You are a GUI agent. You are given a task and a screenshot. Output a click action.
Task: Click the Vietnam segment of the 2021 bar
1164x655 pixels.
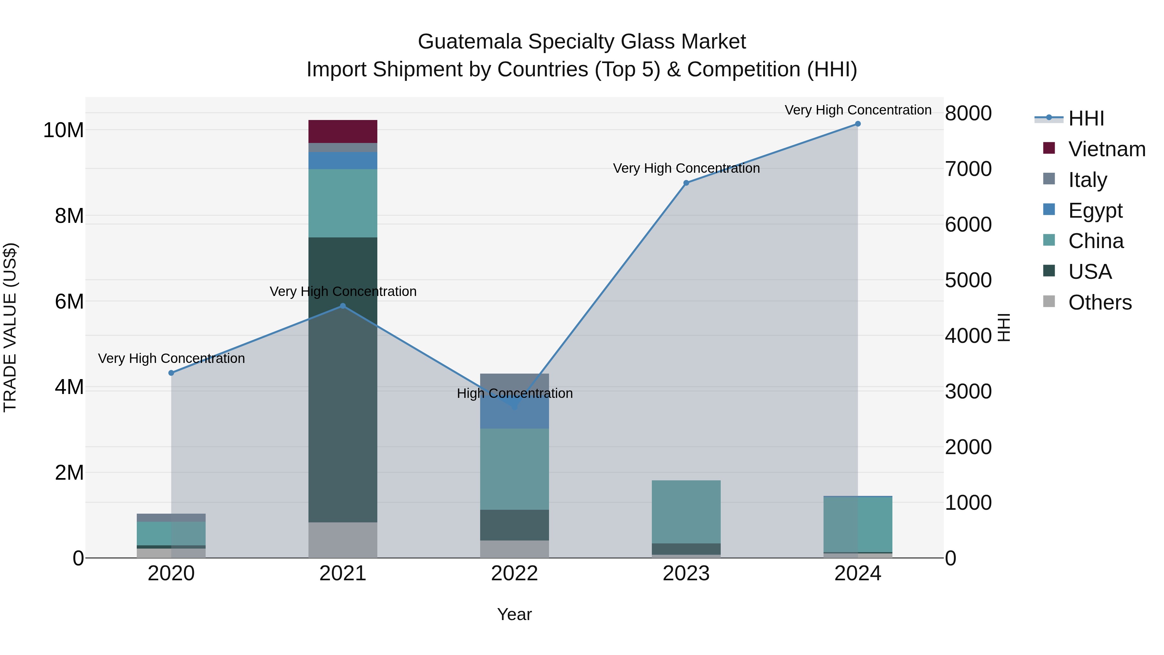click(342, 132)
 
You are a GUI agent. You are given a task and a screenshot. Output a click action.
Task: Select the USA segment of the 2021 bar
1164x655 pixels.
click(342, 380)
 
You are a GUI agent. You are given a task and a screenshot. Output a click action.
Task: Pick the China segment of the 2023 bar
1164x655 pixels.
click(686, 512)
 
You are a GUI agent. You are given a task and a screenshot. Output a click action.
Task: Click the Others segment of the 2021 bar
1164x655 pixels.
click(342, 540)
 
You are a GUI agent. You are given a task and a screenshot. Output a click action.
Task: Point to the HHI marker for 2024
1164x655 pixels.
click(857, 124)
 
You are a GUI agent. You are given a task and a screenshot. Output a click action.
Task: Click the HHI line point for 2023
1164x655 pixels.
click(686, 183)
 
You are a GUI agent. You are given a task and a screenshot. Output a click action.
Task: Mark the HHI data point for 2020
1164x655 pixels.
click(171, 373)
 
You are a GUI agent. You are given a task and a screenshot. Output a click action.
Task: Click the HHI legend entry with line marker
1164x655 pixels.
click(1086, 118)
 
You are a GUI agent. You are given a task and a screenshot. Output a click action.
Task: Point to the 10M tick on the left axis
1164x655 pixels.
click(63, 130)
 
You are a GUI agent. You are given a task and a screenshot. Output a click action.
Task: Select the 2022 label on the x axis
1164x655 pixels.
click(514, 573)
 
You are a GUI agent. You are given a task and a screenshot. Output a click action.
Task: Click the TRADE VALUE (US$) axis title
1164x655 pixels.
click(10, 327)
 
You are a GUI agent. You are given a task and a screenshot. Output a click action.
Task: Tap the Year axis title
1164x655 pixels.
click(514, 614)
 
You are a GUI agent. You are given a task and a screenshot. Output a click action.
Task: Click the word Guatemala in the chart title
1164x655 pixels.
click(469, 42)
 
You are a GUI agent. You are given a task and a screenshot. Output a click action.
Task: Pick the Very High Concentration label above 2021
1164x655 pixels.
click(343, 291)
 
